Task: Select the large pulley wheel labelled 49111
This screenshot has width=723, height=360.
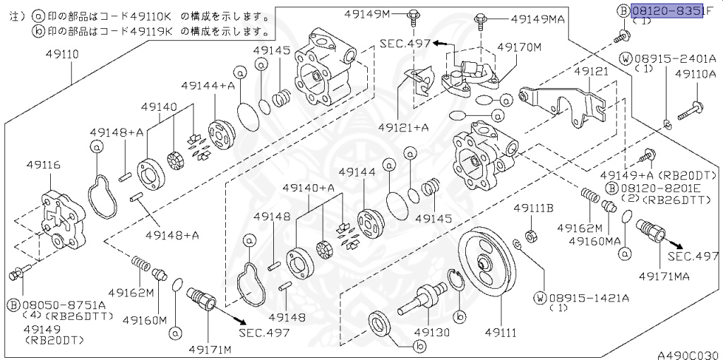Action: click(488, 265)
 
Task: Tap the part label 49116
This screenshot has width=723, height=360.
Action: click(43, 165)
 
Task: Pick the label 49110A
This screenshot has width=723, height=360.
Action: click(695, 73)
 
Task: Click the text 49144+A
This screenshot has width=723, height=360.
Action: click(207, 85)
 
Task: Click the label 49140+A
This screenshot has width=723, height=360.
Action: click(308, 188)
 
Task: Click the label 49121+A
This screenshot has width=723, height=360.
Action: click(404, 127)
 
